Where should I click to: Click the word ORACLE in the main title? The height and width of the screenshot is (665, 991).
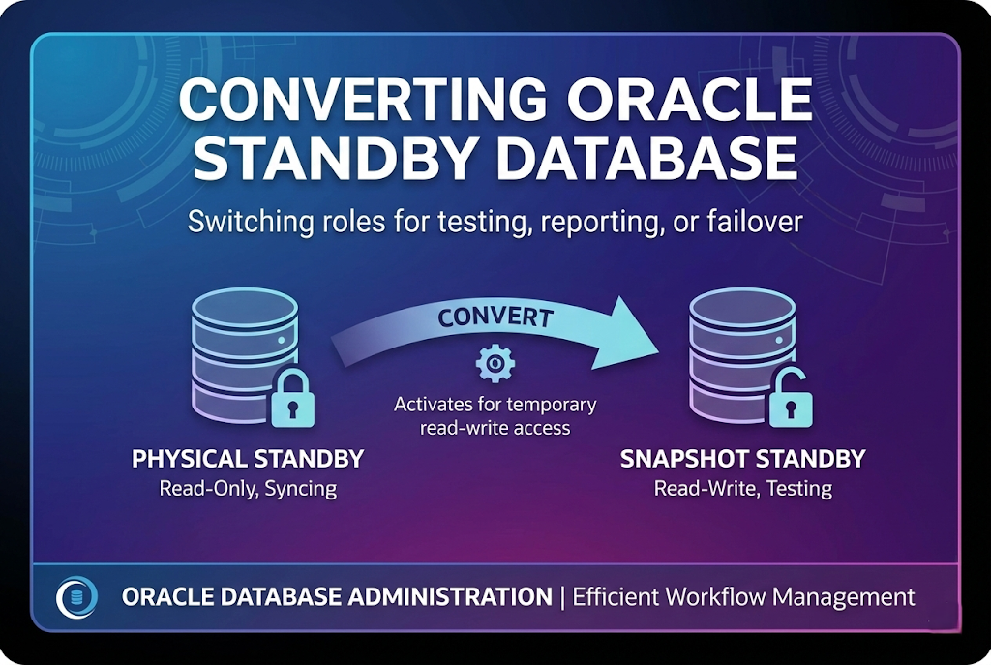pyautogui.click(x=701, y=101)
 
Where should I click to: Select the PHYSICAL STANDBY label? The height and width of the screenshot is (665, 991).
pyautogui.click(x=248, y=458)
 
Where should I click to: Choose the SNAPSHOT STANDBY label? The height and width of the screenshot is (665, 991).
pyautogui.click(x=742, y=458)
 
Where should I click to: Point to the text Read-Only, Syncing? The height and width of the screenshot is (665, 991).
pyautogui.click(x=248, y=488)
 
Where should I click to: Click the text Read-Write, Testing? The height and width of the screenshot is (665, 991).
pyautogui.click(x=742, y=488)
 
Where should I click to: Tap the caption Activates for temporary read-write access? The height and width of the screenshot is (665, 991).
pyautogui.click(x=495, y=415)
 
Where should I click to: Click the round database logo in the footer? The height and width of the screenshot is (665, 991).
pyautogui.click(x=77, y=596)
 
